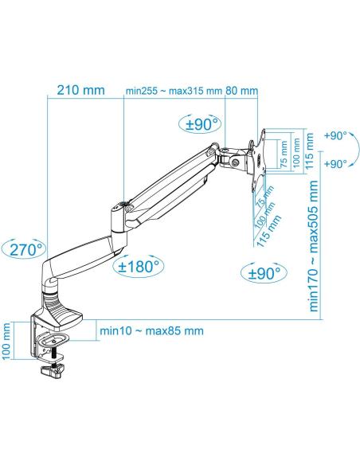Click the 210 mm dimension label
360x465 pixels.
80,90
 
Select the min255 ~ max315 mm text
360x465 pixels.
174,91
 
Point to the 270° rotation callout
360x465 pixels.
22,248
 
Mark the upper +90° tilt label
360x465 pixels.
335,136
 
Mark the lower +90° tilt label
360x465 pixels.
335,163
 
